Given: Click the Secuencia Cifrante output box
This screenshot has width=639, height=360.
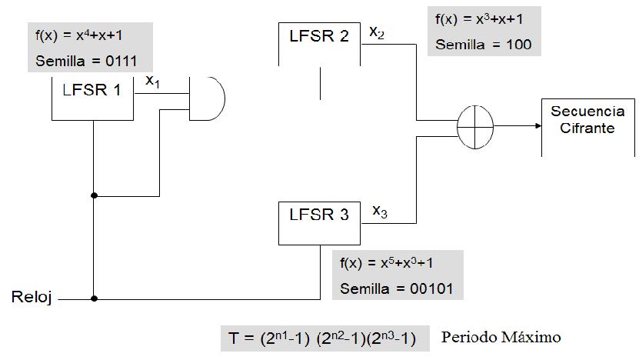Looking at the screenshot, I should coord(582,123).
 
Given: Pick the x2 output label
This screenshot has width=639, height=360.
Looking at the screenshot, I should coord(377,32).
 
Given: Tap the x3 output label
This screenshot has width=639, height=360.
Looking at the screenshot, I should coord(380,209).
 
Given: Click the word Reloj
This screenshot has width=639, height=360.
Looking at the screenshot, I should coord(30,297).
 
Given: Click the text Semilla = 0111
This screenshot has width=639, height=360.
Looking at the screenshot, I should coord(87,61).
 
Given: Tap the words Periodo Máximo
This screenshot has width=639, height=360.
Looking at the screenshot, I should coord(501,337).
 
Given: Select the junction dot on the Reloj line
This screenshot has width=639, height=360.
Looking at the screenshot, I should coord(94,298).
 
